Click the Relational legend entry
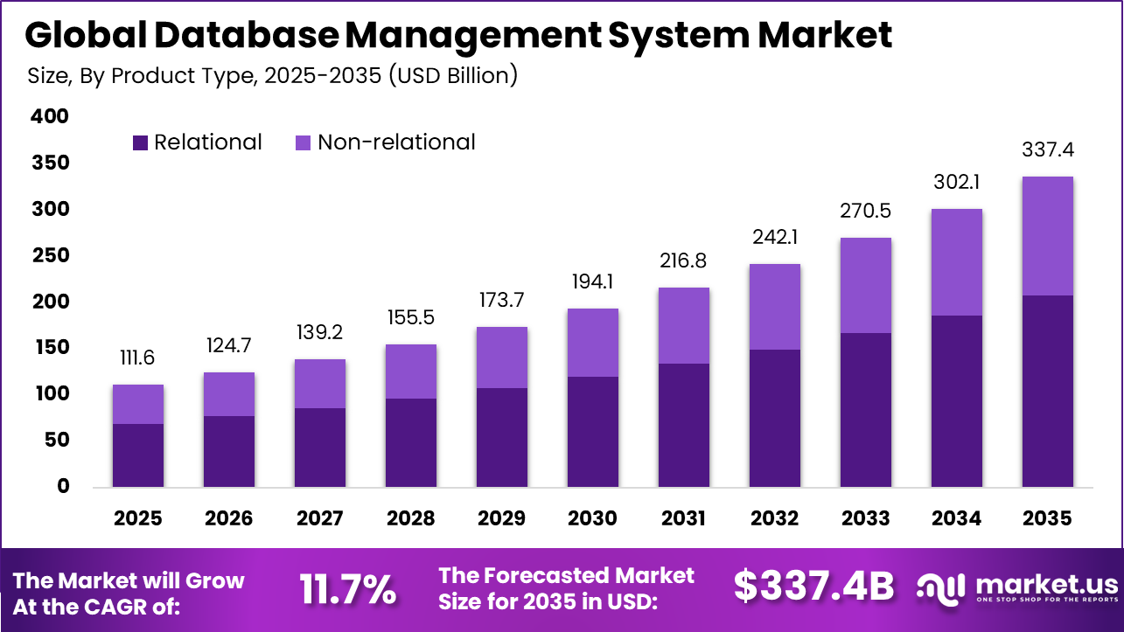(198, 142)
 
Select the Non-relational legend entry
(385, 142)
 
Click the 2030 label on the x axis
(592, 518)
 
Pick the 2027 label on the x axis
(319, 518)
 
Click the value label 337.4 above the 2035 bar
(1047, 150)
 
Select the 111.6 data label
(138, 358)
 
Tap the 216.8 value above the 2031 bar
(683, 261)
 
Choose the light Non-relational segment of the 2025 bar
(138, 404)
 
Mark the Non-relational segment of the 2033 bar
(865, 285)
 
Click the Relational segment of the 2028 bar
(410, 442)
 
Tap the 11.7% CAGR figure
(347, 588)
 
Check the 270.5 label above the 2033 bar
(865, 212)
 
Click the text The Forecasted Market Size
(567, 588)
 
